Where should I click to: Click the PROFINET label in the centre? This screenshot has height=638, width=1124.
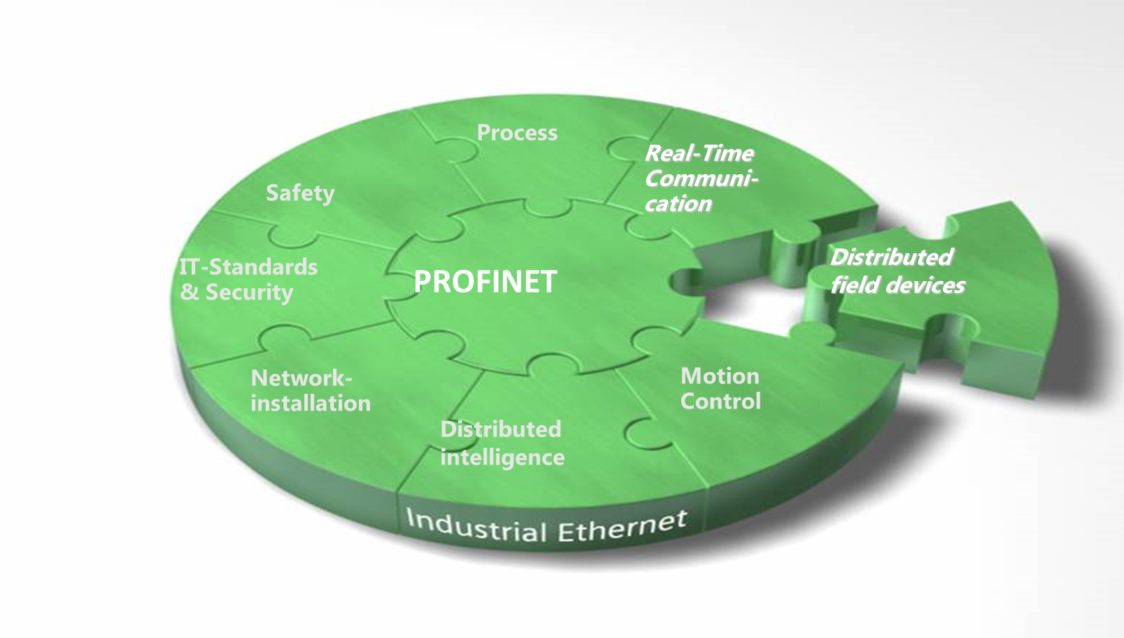(485, 282)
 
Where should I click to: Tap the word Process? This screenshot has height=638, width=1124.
(517, 133)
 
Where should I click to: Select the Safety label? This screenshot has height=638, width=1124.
(300, 193)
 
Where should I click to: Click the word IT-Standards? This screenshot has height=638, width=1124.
(248, 267)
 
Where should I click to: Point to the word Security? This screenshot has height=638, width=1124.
(249, 292)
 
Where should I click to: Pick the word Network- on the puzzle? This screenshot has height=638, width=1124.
(301, 378)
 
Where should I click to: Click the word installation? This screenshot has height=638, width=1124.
(311, 403)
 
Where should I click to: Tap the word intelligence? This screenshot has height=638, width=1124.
(502, 458)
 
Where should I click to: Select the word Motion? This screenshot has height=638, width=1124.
(720, 376)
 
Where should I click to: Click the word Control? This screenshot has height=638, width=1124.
(720, 402)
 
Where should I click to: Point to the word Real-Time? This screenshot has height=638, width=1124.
(699, 153)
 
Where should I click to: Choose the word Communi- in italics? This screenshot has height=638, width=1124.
(701, 178)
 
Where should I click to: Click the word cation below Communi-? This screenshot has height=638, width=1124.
(678, 204)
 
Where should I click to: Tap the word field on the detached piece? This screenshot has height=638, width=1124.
(851, 285)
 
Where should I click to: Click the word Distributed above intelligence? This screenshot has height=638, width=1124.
(501, 429)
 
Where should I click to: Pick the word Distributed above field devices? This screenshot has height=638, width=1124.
(891, 257)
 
